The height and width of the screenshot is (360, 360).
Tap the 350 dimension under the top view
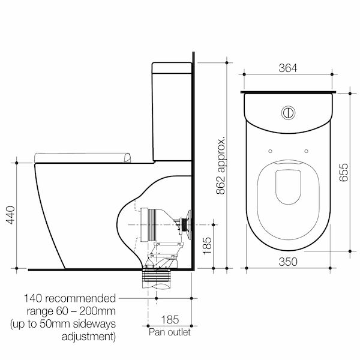click(289, 262)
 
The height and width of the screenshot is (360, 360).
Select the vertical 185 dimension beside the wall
click(207, 245)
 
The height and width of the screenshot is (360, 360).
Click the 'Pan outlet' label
click(170, 330)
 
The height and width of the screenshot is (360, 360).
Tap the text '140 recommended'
click(71, 298)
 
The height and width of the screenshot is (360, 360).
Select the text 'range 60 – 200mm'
click(71, 311)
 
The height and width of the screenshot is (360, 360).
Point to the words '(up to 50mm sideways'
click(62, 324)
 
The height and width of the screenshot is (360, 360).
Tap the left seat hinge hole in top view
click(272, 150)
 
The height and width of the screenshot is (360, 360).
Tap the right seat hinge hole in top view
click(307, 150)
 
